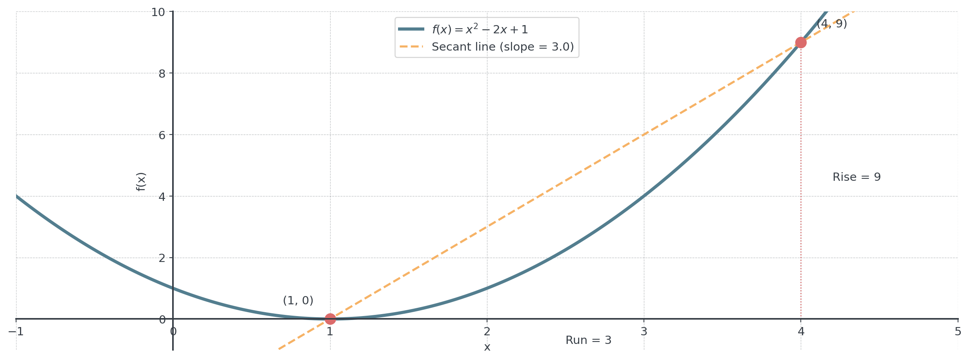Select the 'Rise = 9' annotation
click(856, 177)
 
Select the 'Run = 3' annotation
click(588, 340)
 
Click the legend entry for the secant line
click(502, 47)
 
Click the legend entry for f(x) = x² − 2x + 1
click(480, 29)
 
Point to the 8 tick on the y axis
click(162, 73)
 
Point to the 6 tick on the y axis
click(162, 135)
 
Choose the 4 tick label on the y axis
click(162, 196)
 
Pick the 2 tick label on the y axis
click(162, 258)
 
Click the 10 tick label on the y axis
click(158, 12)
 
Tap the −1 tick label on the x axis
click(16, 332)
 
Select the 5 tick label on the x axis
click(958, 332)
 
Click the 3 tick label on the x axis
click(644, 332)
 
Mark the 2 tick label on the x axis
click(487, 332)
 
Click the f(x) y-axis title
click(141, 182)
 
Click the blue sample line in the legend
click(411, 29)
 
